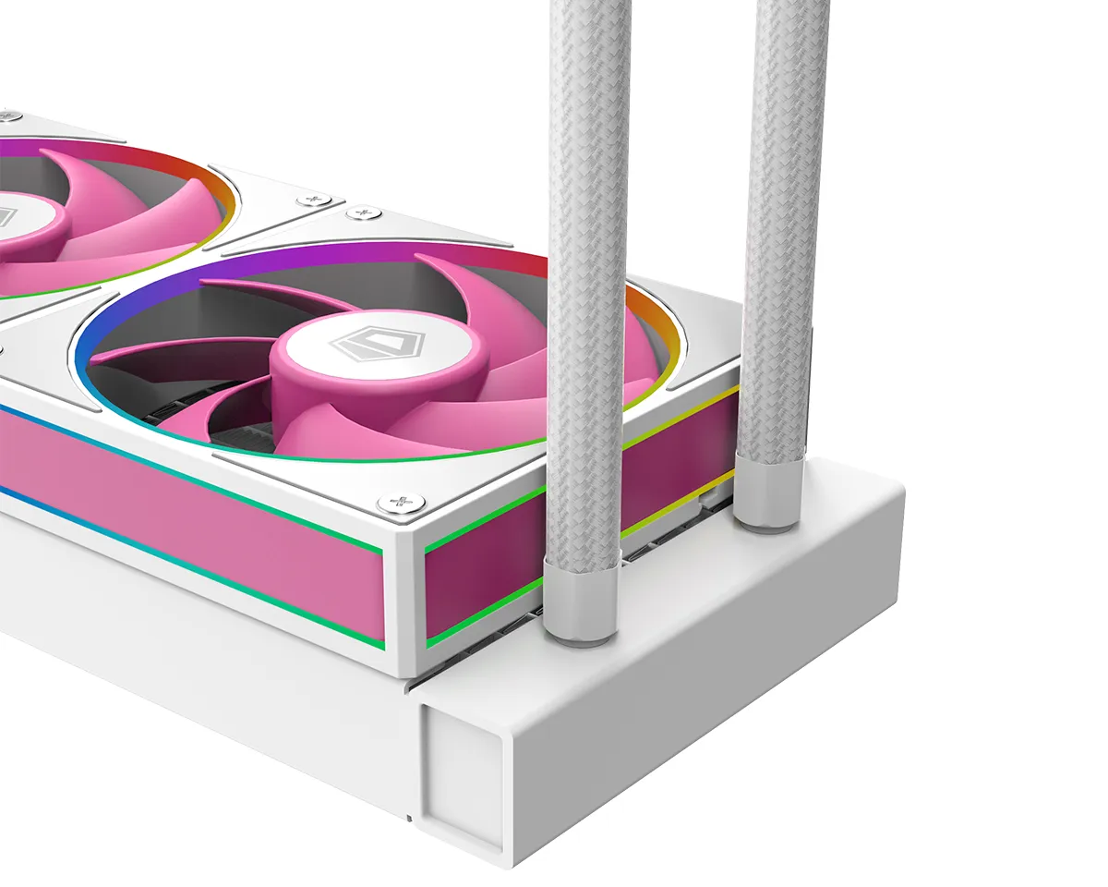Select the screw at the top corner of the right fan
tap(363, 214)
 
